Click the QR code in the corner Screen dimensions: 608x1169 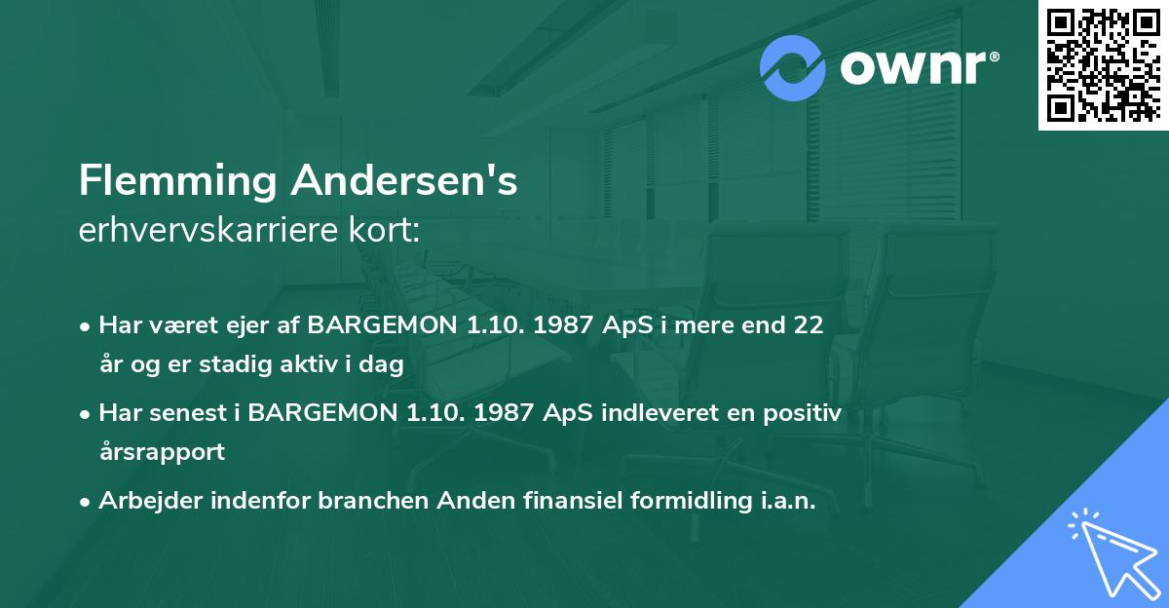[1104, 65]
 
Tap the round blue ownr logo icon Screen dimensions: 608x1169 [793, 68]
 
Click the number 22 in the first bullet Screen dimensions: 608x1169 [809, 325]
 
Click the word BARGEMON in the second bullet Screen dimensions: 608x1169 [321, 413]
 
